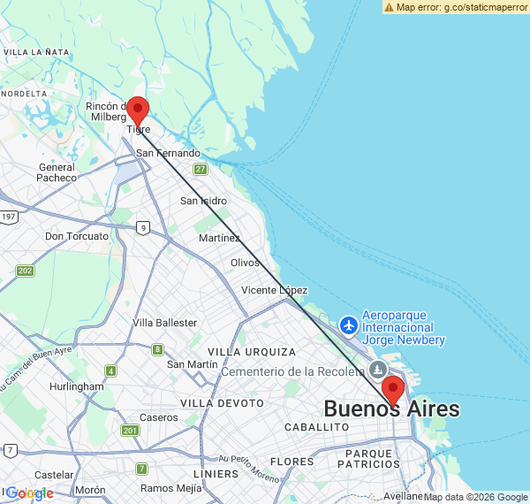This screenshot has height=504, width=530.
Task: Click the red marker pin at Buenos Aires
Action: point(392,390)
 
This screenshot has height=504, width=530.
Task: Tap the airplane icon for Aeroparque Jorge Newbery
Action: point(349,325)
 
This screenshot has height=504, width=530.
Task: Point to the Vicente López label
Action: point(274,290)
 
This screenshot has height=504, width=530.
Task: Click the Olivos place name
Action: point(245,263)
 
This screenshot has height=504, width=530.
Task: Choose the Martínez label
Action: point(219,238)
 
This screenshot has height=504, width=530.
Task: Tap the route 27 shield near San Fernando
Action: point(201,169)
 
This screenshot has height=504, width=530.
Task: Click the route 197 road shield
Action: point(9,217)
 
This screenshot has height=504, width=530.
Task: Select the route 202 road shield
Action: point(25,271)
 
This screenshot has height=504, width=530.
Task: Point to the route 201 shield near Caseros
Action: point(130,431)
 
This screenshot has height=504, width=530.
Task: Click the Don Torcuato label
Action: point(77,236)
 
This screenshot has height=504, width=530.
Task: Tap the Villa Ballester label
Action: point(165,323)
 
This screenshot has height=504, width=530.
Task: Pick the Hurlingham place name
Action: point(76,386)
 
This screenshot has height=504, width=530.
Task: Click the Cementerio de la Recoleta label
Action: point(293,371)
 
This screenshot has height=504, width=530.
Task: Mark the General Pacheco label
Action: point(57,172)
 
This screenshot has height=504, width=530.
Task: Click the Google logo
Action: point(29,493)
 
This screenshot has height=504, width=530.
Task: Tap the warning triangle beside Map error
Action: point(389,6)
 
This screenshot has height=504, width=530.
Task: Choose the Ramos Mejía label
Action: point(170,488)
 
